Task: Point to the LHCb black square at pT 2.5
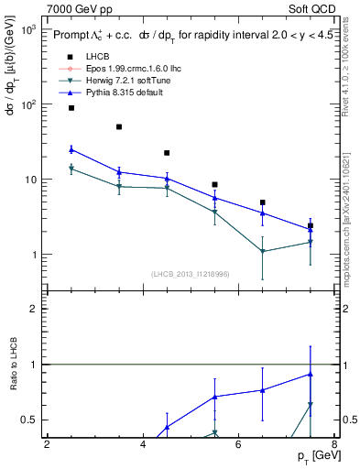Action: pos(71,108)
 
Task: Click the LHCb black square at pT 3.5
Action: pos(119,127)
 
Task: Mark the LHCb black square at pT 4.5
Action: pos(167,153)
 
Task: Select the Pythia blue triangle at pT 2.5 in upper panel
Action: pos(71,149)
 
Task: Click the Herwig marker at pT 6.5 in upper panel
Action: pos(263,251)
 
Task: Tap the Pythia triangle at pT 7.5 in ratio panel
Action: pos(311,374)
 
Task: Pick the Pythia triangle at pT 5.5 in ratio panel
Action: pos(215,397)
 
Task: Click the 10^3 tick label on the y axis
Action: pos(29,30)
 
